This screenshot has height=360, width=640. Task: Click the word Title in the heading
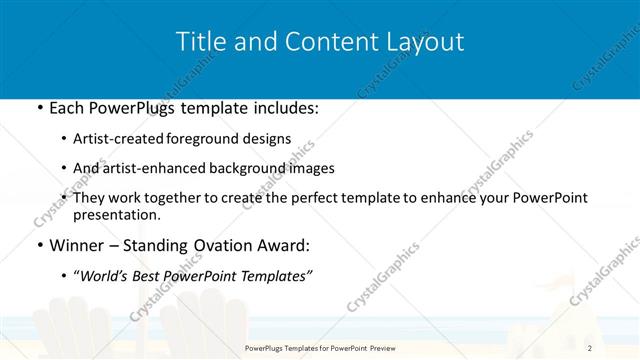coord(199,41)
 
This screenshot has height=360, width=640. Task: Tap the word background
coord(246,169)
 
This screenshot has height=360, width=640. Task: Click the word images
coord(309,169)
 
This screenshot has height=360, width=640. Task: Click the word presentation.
coord(116,215)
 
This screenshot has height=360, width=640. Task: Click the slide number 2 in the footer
coord(590,348)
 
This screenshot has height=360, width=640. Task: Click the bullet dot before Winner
coord(38,245)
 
